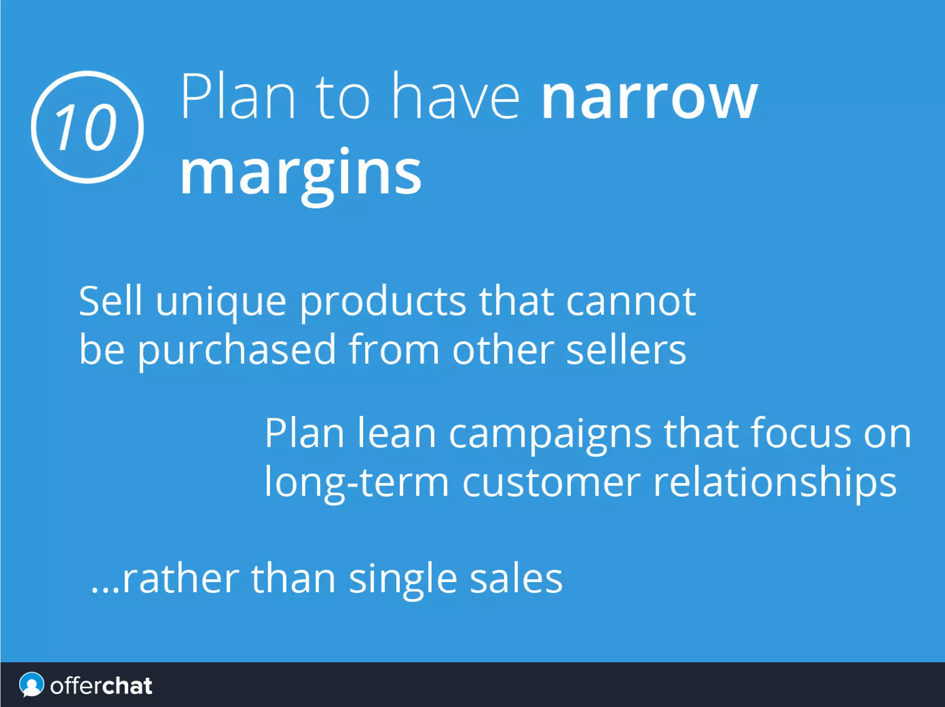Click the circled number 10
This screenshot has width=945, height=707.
pyautogui.click(x=87, y=127)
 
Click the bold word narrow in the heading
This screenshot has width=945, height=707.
pyautogui.click(x=649, y=98)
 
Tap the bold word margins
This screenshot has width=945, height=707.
pyautogui.click(x=300, y=173)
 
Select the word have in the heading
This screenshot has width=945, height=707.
pyautogui.click(x=455, y=97)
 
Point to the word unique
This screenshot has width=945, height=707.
pyautogui.click(x=221, y=303)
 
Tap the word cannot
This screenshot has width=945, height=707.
pyautogui.click(x=630, y=302)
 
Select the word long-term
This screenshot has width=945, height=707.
pyautogui.click(x=356, y=483)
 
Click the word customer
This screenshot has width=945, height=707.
pyautogui.click(x=551, y=483)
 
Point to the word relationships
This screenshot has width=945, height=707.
pyautogui.click(x=775, y=483)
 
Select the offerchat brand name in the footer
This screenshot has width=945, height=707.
pyautogui.click(x=101, y=686)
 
